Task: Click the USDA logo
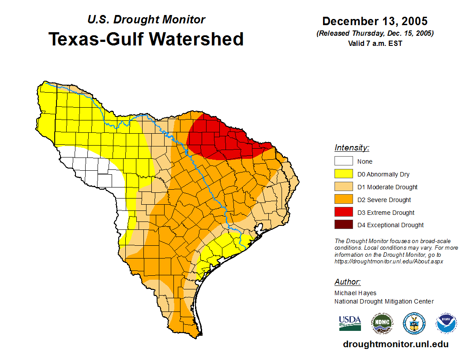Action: tap(350, 323)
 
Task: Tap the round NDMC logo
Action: tap(382, 323)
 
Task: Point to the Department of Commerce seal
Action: tap(414, 323)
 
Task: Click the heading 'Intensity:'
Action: tap(352, 148)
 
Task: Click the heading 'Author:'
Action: tap(347, 282)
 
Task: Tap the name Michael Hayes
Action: tap(355, 293)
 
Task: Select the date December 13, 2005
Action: tap(375, 21)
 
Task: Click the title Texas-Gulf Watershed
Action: tap(146, 39)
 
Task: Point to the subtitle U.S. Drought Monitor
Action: tap(146, 19)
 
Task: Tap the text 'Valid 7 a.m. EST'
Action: tap(375, 43)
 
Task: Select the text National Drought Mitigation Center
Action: tap(384, 301)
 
